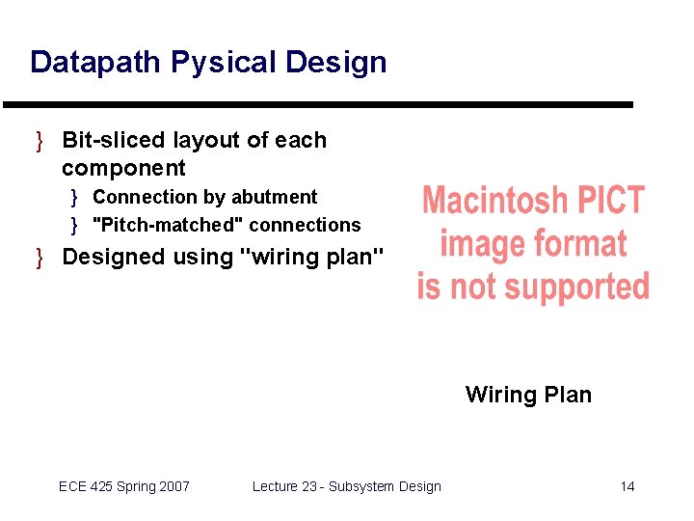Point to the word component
(x=123, y=168)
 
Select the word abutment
(x=274, y=197)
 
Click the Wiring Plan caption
(x=528, y=394)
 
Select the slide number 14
(x=627, y=486)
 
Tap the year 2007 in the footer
(x=173, y=486)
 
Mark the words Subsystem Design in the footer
(x=385, y=486)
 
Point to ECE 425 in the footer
(x=84, y=486)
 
